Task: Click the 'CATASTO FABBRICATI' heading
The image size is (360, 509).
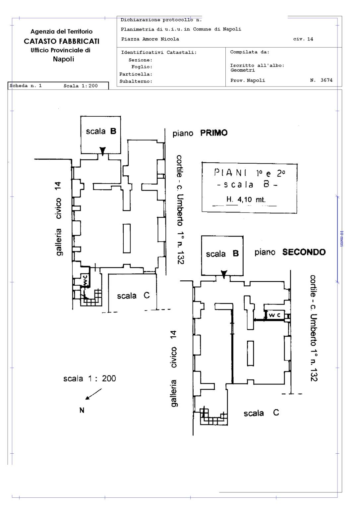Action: [x=61, y=41]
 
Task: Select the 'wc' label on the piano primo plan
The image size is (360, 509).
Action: [x=85, y=280]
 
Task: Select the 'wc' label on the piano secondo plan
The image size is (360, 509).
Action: [x=274, y=315]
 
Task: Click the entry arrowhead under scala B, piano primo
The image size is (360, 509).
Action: [x=103, y=151]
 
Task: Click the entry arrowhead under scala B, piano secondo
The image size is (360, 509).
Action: [x=224, y=274]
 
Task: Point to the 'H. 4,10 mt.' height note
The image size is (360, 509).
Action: [x=246, y=199]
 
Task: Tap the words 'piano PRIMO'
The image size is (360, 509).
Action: [x=200, y=133]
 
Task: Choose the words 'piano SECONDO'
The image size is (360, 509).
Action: [x=290, y=252]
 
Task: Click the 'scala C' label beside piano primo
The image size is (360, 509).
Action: [x=133, y=296]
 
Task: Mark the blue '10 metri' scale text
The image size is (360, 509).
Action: [x=341, y=239]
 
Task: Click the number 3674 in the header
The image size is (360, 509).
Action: [x=326, y=80]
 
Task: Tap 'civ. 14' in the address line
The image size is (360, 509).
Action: [x=303, y=39]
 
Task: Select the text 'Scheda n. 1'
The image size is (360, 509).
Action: [x=26, y=86]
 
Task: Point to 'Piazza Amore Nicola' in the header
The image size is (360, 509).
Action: [x=150, y=39]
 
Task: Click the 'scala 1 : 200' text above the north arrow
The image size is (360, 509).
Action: [x=90, y=378]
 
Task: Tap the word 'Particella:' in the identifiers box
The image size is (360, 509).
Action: [x=136, y=74]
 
